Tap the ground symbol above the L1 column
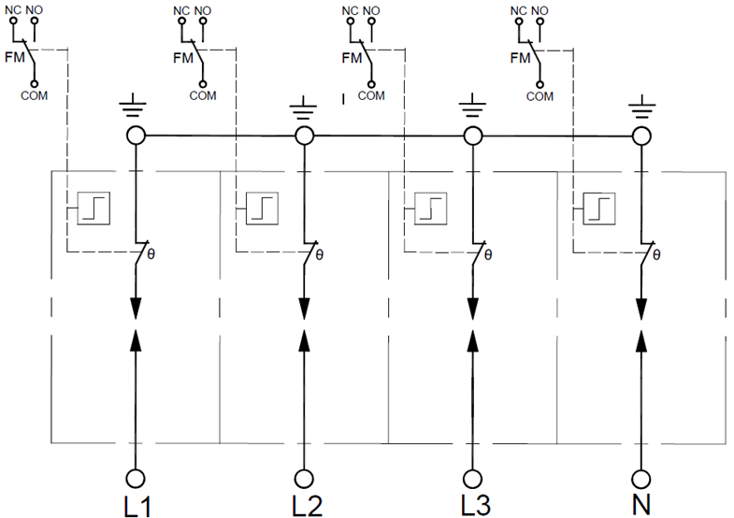point(136,107)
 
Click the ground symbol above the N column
point(641,107)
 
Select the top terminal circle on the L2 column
point(304,137)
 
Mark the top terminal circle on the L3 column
point(473,137)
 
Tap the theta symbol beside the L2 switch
point(320,254)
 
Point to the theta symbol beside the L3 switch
point(488,254)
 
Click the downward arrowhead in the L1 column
point(136,309)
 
